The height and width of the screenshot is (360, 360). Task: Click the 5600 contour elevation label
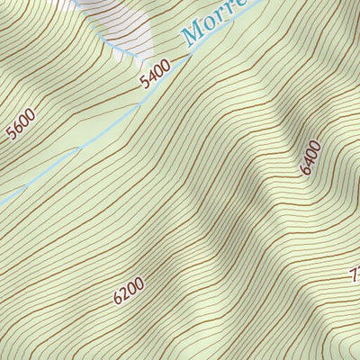pyautogui.click(x=20, y=123)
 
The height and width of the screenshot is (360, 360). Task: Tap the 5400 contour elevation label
pyautogui.click(x=155, y=76)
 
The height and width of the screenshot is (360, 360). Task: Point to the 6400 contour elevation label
pyautogui.click(x=310, y=157)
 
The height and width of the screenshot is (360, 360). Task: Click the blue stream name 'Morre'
pyautogui.click(x=216, y=22)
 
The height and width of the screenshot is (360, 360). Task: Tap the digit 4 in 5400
pyautogui.click(x=150, y=78)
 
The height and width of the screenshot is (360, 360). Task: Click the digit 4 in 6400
pyautogui.click(x=309, y=163)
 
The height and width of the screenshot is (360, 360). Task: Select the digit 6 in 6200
pyautogui.click(x=118, y=296)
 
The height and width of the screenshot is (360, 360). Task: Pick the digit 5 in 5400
pyautogui.click(x=144, y=83)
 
